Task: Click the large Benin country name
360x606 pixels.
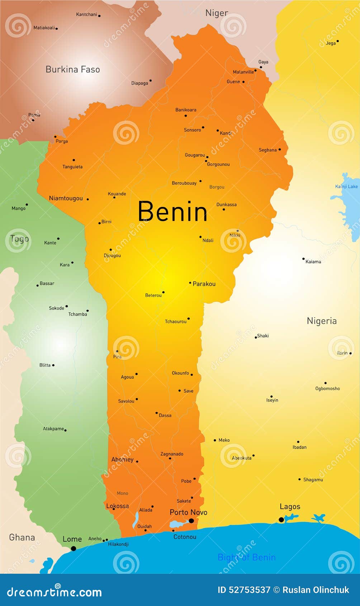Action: click(x=172, y=211)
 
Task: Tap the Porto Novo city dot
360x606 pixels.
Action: click(x=191, y=521)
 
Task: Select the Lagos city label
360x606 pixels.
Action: click(x=290, y=507)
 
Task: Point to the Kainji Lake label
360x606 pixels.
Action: click(x=346, y=186)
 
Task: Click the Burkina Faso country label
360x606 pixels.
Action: click(x=73, y=70)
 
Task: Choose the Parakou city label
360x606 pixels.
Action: click(x=204, y=284)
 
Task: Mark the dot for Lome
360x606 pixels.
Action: click(x=74, y=548)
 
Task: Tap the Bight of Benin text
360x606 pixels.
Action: click(x=247, y=557)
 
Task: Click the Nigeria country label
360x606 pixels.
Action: click(x=322, y=321)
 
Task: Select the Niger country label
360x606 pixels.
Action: click(x=217, y=13)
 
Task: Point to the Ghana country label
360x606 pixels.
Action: click(x=22, y=537)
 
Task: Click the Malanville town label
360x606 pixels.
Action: click(x=243, y=72)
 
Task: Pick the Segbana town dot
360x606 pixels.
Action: click(x=280, y=150)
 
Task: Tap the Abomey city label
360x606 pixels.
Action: click(x=122, y=459)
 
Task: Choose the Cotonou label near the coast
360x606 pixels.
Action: click(x=185, y=537)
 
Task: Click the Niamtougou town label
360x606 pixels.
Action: click(x=66, y=198)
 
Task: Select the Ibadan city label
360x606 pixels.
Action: click(x=299, y=447)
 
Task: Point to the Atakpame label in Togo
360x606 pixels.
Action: click(x=53, y=429)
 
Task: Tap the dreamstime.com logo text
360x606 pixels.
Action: click(x=54, y=592)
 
